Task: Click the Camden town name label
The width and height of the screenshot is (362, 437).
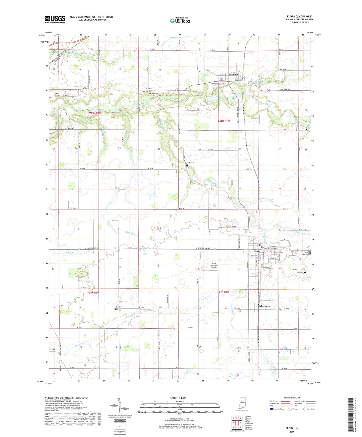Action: (x=233, y=74)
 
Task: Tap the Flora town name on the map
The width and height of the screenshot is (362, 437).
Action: (x=257, y=252)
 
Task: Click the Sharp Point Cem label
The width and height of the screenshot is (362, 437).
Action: (x=57, y=94)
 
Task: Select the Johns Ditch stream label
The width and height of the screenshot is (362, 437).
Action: (x=130, y=233)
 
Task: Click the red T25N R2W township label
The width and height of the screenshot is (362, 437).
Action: (x=96, y=113)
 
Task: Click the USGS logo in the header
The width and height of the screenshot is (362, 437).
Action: (x=55, y=19)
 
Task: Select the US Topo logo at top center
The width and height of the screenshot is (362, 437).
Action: (x=180, y=21)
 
